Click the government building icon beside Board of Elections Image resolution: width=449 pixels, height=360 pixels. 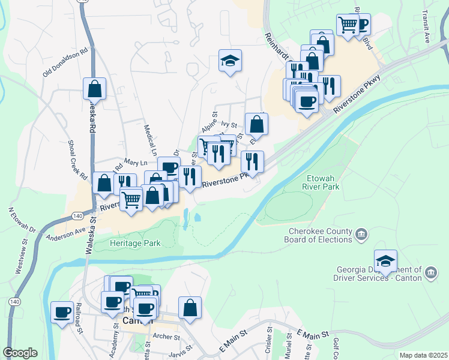coord(361,234)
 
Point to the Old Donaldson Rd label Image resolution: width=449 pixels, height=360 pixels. coord(65,62)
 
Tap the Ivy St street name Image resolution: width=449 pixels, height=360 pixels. coord(230,125)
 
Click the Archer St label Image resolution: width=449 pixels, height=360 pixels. coord(167,337)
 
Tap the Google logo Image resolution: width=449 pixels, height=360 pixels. coord(20,352)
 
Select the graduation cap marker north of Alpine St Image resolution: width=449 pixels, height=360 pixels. coord(230,61)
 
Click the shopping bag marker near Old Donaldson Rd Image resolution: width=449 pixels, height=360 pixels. coord(95,89)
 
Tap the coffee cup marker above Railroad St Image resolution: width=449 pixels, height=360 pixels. coord(62,313)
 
